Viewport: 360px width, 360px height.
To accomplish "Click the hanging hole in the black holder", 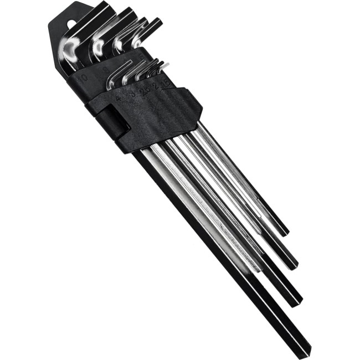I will (x=70, y=24).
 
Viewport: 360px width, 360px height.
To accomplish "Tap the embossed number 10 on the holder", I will (x=83, y=77).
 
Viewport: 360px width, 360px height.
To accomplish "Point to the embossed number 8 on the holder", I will (x=106, y=69).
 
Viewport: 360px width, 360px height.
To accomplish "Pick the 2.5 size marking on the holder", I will (x=145, y=90).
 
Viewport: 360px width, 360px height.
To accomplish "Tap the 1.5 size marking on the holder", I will (x=165, y=84).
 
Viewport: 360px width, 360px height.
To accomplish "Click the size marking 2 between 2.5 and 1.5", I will (x=156, y=87).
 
